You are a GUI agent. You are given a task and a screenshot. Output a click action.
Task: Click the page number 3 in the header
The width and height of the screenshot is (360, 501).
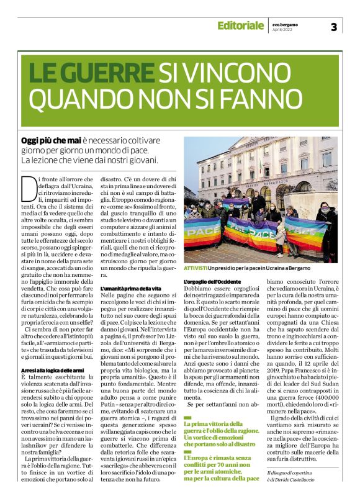334,27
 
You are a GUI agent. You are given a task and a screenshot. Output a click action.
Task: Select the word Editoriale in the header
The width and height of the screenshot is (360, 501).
240,25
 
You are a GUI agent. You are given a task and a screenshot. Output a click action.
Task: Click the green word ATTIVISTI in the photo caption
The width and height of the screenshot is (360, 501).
196,267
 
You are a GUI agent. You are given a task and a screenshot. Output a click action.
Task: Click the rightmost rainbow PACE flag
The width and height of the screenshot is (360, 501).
305,230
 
